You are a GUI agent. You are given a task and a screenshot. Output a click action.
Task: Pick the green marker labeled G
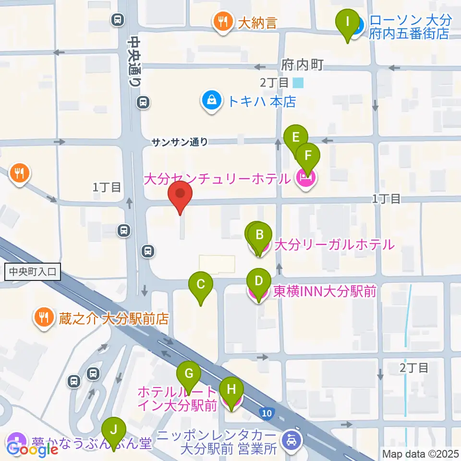pyautogui.click(x=189, y=374)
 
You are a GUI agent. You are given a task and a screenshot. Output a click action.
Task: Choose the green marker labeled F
pyautogui.click(x=307, y=157)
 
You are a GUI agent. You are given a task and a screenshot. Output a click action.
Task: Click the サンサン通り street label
pyautogui.click(x=180, y=142)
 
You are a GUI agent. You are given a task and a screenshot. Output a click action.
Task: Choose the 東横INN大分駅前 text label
pyautogui.click(x=325, y=291)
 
